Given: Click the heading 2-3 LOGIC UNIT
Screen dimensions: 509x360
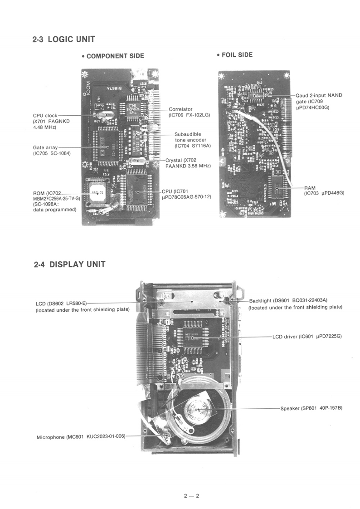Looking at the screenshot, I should point(63,39).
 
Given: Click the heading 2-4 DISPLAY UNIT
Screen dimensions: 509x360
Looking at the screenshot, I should point(70,264).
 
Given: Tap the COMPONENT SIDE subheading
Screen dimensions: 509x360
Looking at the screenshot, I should point(113,56).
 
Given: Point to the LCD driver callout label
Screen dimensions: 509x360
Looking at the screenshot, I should point(307,337).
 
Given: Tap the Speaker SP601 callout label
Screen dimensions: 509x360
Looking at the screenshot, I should point(311,408).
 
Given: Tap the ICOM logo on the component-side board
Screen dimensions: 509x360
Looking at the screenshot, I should point(88,88).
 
